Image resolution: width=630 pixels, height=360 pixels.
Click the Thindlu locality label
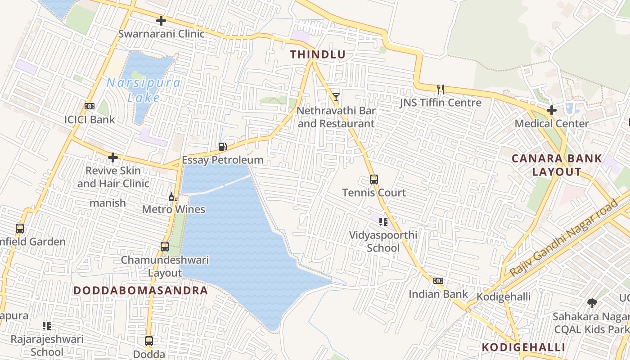[x=318, y=55]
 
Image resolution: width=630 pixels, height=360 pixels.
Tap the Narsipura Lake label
[x=144, y=90]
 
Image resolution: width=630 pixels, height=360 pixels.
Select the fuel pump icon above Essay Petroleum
[x=222, y=146]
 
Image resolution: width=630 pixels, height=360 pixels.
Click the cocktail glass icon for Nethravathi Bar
[x=336, y=97]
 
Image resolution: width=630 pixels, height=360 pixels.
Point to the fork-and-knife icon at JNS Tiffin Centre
[x=441, y=89]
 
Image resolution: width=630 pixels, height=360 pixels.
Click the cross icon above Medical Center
[x=552, y=110]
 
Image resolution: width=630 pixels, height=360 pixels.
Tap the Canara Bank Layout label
[x=557, y=165]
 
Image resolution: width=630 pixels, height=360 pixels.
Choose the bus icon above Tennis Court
[x=373, y=180]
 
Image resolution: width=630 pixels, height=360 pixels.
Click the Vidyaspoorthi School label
[x=383, y=241]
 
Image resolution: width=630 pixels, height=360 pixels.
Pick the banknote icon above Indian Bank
[x=438, y=281]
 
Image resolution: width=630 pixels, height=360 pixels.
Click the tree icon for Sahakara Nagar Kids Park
[x=592, y=303]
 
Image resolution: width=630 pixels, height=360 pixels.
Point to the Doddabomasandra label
[x=141, y=290]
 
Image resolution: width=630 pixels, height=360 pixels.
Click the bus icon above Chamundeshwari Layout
[x=165, y=247]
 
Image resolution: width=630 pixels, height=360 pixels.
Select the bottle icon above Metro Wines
[x=173, y=197]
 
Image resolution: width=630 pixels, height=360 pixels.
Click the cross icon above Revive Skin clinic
[x=113, y=157]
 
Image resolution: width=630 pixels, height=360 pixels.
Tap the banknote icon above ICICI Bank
[x=90, y=106]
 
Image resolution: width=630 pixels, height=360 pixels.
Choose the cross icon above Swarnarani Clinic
[x=161, y=21]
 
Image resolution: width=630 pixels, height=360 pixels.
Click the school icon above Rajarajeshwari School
[x=47, y=325]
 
